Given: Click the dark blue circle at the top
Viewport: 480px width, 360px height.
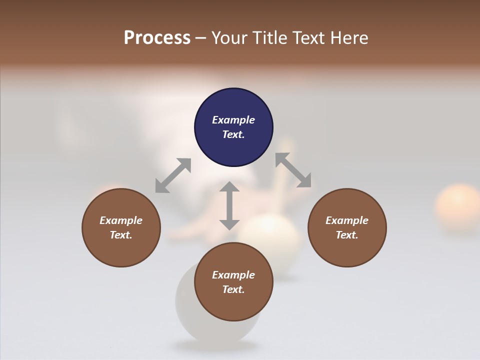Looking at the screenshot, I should pos(233,127).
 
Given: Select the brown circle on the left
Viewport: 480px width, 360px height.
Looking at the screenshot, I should pos(121,227).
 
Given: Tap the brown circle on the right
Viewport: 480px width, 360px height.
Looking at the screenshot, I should pos(347,227).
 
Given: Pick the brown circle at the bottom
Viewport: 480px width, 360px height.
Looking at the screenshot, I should pos(233,282).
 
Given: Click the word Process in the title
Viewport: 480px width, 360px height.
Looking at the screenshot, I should pos(157,38).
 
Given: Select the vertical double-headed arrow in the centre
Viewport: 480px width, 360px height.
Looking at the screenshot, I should pos(229,205).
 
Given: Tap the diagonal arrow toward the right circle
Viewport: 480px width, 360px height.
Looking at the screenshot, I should pos(293,170).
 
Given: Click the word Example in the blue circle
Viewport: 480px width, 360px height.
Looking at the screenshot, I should pos(233,120).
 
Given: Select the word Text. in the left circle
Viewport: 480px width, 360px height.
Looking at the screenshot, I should pos(121,235).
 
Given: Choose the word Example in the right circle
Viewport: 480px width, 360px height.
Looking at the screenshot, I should pos(347,220).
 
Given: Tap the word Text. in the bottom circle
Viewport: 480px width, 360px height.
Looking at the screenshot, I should pos(233,289).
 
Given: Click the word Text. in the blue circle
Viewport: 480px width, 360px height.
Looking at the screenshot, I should pos(233,134).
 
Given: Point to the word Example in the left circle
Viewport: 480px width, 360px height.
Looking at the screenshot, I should pos(121,220).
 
